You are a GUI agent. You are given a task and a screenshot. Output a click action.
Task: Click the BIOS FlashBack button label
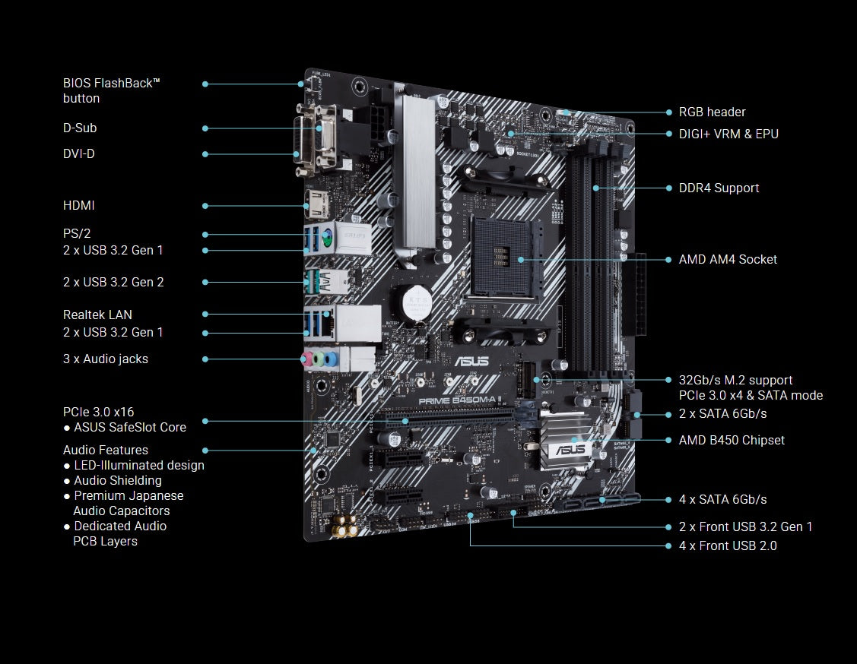[x=111, y=90]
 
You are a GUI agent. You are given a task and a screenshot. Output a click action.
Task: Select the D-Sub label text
[x=80, y=128]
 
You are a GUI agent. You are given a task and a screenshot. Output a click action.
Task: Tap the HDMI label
[x=79, y=205]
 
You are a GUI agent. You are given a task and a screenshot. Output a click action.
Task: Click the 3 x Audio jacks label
[x=106, y=359]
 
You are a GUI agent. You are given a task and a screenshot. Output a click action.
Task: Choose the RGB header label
[x=712, y=112]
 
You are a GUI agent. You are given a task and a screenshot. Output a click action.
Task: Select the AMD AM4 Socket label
[x=728, y=259]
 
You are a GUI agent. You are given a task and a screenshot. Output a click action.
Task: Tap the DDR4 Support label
[x=719, y=188]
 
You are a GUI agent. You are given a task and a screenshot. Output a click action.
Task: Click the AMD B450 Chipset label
[x=732, y=440]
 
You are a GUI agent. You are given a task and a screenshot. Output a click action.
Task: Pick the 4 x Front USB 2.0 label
[x=728, y=545]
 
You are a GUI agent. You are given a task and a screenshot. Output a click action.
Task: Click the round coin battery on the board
[x=416, y=302]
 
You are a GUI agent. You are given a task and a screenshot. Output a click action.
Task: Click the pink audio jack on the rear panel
[x=309, y=360]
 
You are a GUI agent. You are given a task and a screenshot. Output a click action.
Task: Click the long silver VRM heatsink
[x=414, y=171]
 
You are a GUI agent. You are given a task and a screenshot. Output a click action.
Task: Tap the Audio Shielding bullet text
[x=117, y=480]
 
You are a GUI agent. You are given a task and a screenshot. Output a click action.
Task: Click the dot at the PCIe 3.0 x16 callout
[x=205, y=420]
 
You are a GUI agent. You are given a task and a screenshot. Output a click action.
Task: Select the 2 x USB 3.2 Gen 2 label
[x=113, y=282]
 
